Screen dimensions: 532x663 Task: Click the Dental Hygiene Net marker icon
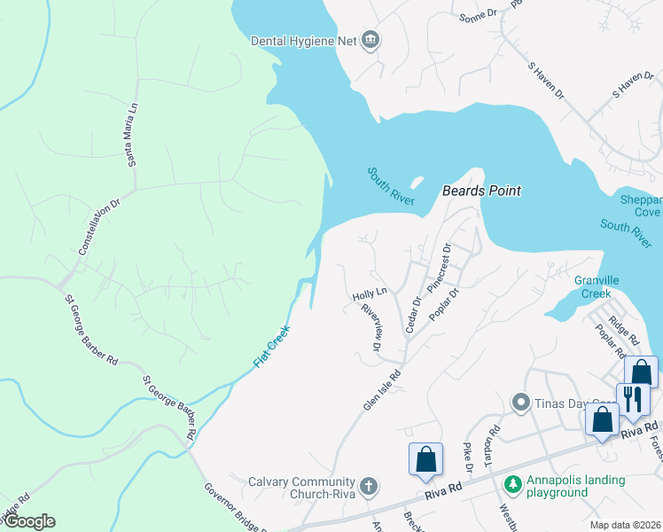pos(371,41)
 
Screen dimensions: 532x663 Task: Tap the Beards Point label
pos(481,191)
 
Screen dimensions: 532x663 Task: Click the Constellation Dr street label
pos(98,229)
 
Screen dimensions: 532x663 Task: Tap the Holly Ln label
pos(370,292)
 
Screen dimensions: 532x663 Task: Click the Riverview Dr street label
pos(371,328)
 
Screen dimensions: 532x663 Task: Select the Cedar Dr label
pos(411,315)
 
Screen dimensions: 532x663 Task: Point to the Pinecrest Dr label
pos(440,269)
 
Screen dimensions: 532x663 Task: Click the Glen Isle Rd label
pos(382,390)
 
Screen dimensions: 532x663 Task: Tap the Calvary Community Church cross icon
pos(369,486)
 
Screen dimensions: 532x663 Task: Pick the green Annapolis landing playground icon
pos(511,484)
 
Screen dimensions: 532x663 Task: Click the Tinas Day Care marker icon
pos(521,403)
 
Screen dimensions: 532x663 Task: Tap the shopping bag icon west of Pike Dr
pos(425,459)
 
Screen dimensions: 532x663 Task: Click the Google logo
pos(28,521)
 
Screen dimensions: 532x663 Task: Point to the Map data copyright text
pos(625,525)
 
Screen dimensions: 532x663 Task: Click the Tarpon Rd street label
pos(495,443)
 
